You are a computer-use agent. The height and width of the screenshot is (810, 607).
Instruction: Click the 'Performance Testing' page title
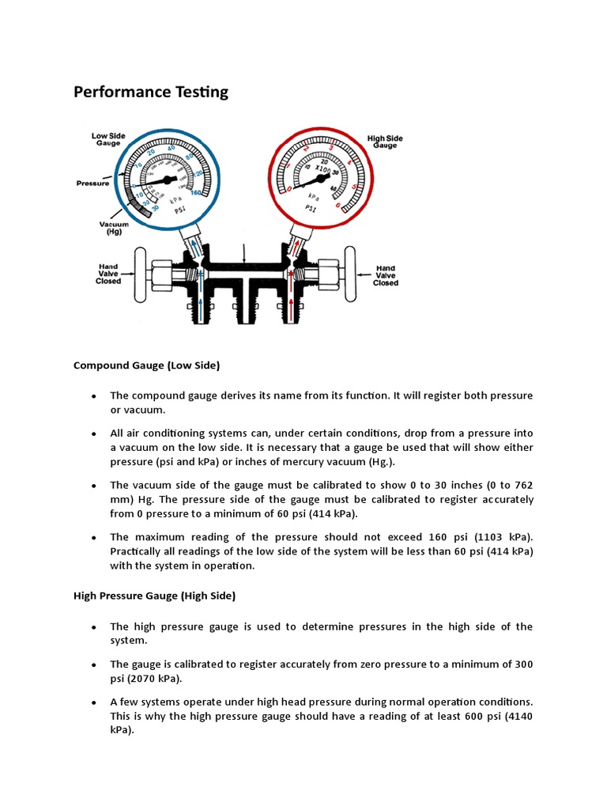point(151,92)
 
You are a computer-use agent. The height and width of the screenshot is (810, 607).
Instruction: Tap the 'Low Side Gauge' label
point(108,139)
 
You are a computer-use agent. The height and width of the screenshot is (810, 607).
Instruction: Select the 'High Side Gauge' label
point(385,142)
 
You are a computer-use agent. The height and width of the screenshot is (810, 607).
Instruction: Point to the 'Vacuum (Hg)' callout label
point(114,228)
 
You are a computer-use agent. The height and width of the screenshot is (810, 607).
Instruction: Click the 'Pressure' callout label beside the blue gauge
point(92,183)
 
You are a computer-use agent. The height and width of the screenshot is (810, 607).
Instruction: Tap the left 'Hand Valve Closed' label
point(109,274)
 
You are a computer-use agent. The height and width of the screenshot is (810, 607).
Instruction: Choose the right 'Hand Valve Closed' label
point(386,276)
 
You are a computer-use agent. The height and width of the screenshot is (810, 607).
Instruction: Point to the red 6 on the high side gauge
point(338,206)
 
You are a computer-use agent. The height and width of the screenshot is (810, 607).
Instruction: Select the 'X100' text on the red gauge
point(322,168)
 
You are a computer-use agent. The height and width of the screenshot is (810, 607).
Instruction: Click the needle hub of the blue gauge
point(164,180)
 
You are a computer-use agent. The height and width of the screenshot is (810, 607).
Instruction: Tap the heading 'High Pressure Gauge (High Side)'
point(154,596)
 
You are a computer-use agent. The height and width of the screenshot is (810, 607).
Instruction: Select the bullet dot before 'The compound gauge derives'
point(93,396)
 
